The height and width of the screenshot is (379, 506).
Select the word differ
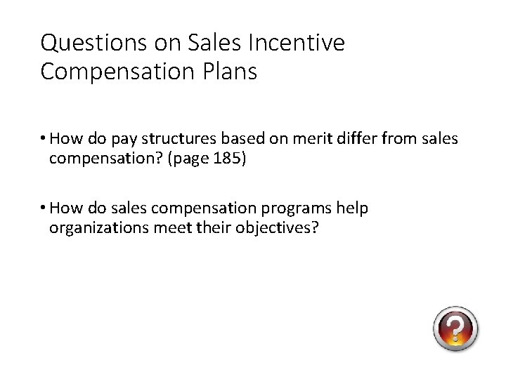[x=351, y=139]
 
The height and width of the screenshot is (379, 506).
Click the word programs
[x=295, y=208]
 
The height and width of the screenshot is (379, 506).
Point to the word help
[x=351, y=208]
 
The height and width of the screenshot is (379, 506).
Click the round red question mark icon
[x=455, y=328]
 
